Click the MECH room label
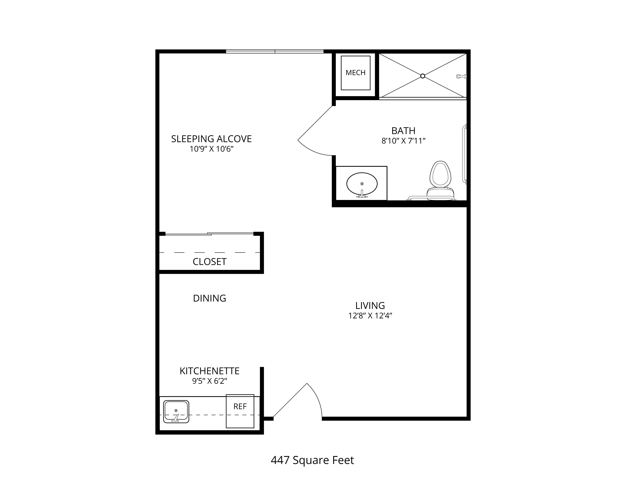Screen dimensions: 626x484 click(x=355, y=73)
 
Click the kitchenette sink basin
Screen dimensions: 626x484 click(x=176, y=411)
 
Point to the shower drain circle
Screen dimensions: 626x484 click(x=423, y=76)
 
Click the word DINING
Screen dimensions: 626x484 click(x=210, y=298)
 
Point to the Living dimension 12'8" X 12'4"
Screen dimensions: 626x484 click(x=370, y=316)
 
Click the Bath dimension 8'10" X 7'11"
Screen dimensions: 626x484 click(x=403, y=141)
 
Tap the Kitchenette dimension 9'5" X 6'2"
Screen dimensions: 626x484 click(x=210, y=381)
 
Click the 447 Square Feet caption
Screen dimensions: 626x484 click(x=312, y=460)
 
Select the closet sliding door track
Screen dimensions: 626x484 click(x=210, y=234)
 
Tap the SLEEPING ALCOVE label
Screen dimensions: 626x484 click(x=211, y=139)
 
